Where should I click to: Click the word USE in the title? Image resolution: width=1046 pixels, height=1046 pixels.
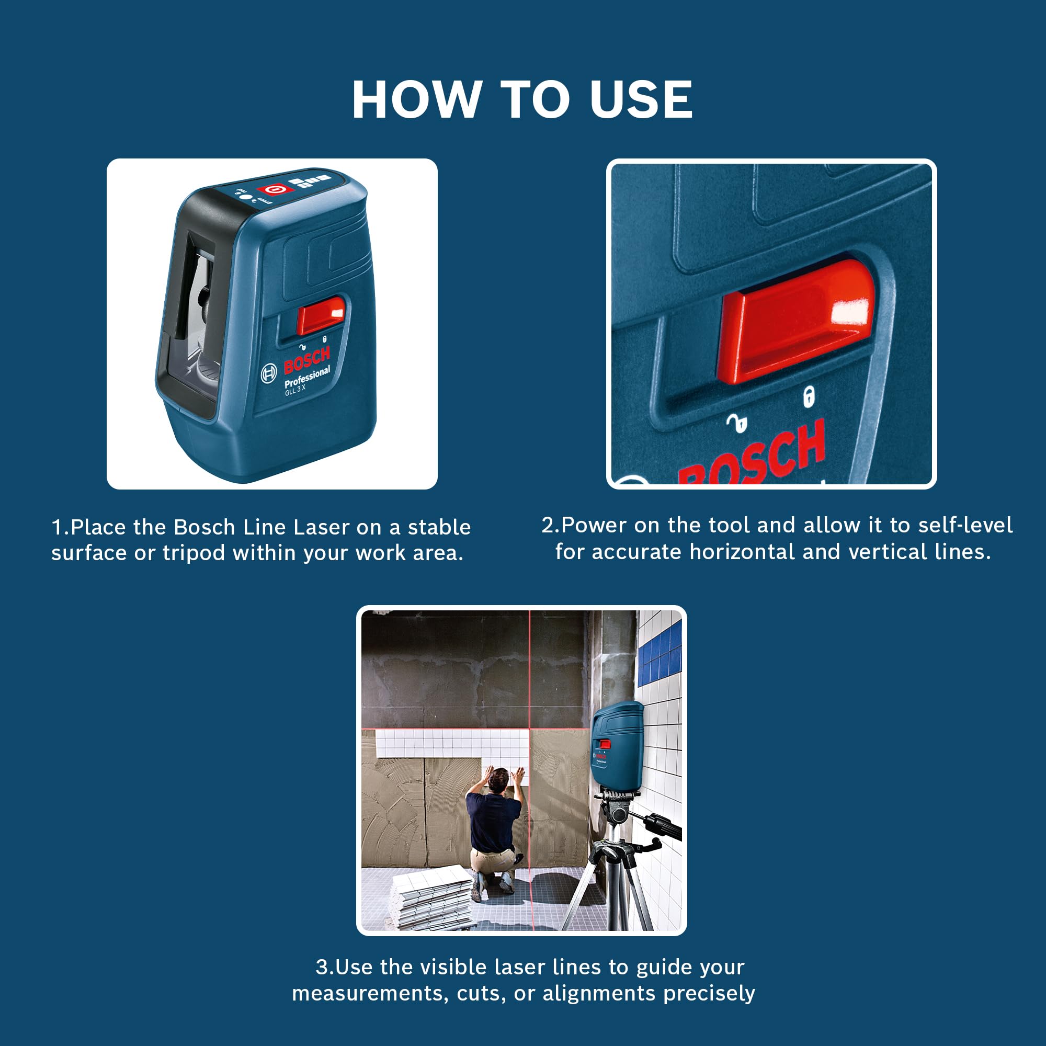coord(641,99)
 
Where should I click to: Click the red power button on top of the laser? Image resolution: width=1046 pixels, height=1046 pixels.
coord(276,189)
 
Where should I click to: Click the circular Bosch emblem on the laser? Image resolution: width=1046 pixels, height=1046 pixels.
coord(269,373)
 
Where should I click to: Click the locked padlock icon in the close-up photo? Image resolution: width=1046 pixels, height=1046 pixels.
coord(809,397)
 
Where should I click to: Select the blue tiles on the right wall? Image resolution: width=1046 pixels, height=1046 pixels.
coord(660,652)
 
